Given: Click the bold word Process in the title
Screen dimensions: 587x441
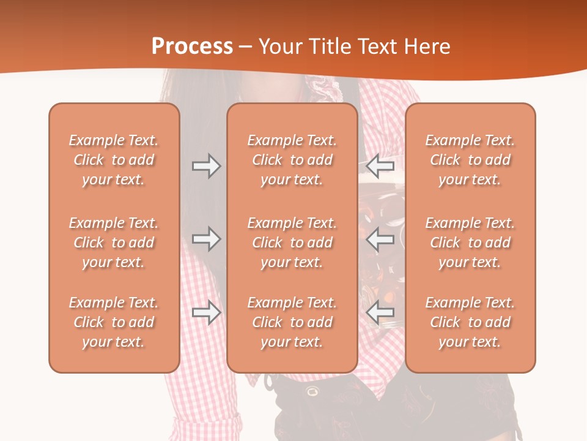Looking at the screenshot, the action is [193, 46].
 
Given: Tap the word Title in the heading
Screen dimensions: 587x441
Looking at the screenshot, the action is [330, 46].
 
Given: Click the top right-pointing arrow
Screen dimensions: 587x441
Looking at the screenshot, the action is [206, 166].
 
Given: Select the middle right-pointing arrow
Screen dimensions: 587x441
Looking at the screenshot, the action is [206, 239].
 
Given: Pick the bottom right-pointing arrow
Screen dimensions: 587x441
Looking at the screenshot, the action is [206, 312].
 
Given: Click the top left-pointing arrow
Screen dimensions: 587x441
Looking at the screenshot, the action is [380, 166].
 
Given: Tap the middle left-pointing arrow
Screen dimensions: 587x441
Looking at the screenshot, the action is [380, 239].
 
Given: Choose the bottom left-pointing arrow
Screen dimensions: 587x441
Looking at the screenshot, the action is [380, 312].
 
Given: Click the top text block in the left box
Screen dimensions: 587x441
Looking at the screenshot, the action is [114, 160].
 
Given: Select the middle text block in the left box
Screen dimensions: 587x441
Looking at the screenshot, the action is [114, 243].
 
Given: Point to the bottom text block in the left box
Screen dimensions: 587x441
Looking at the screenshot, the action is [114, 322].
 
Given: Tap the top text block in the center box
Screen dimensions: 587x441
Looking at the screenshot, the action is [292, 160].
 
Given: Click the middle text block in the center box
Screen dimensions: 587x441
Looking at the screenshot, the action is [292, 243].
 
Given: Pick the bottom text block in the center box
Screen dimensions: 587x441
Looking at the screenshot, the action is [292, 322].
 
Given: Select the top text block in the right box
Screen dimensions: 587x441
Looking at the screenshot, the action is [470, 160].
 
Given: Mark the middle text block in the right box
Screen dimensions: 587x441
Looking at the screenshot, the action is [470, 243].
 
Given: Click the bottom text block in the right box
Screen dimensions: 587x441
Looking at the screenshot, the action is [470, 322].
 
